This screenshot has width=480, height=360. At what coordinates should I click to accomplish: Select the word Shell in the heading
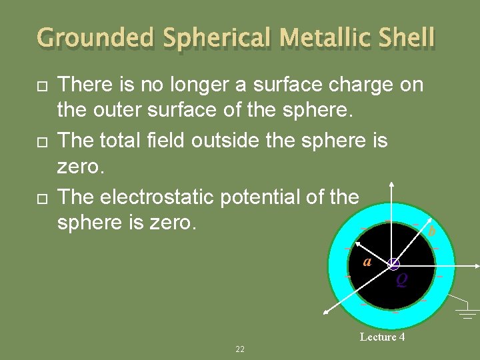pos(403,38)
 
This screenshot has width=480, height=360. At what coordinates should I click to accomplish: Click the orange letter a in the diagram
pos(367,261)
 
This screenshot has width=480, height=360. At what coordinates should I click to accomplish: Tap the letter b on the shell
pos(431,231)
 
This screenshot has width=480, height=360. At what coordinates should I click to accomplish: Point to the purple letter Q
pos(401,281)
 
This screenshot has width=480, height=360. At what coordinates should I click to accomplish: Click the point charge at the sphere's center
pos(394,265)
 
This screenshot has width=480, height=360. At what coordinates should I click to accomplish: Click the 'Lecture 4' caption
pos(382,337)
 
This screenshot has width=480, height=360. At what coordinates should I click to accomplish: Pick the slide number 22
pos(240,349)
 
